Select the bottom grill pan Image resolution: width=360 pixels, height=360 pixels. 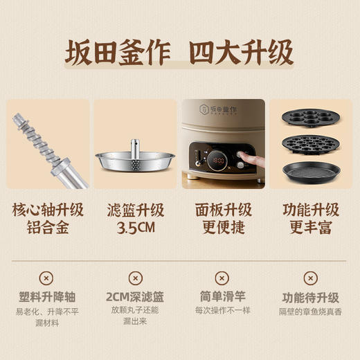tap(311, 170)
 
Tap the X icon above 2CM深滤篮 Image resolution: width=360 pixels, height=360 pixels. tap(135, 278)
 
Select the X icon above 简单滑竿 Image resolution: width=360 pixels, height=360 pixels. tap(224, 278)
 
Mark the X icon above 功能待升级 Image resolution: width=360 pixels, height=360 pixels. tap(311, 278)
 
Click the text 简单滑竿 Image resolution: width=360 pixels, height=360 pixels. tap(224, 297)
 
